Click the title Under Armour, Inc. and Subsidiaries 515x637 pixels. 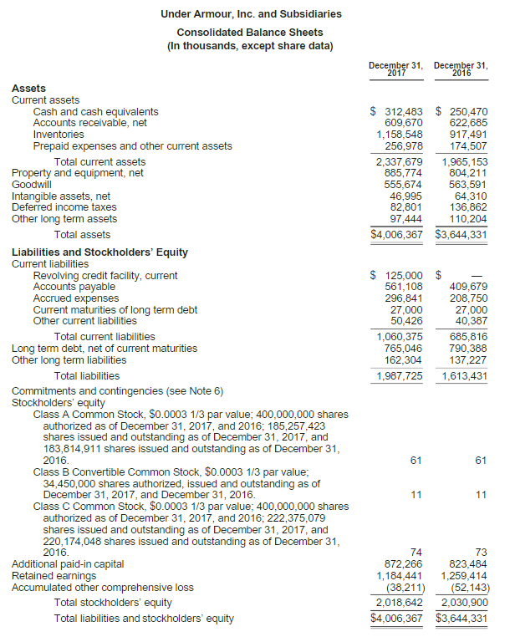coord(251,14)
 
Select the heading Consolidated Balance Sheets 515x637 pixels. coord(251,33)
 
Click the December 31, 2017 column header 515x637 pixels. coord(395,69)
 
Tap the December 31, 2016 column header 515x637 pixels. coord(461,69)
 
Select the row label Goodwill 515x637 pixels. coord(31,185)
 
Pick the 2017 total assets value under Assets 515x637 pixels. coord(396,235)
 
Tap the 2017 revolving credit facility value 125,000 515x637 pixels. coord(401,275)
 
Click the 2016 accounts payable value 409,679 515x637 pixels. coord(467,287)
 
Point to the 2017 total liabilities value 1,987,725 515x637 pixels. coord(399,376)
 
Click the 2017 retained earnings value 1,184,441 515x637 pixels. coord(399,576)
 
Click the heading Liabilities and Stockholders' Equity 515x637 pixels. coord(99,252)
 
